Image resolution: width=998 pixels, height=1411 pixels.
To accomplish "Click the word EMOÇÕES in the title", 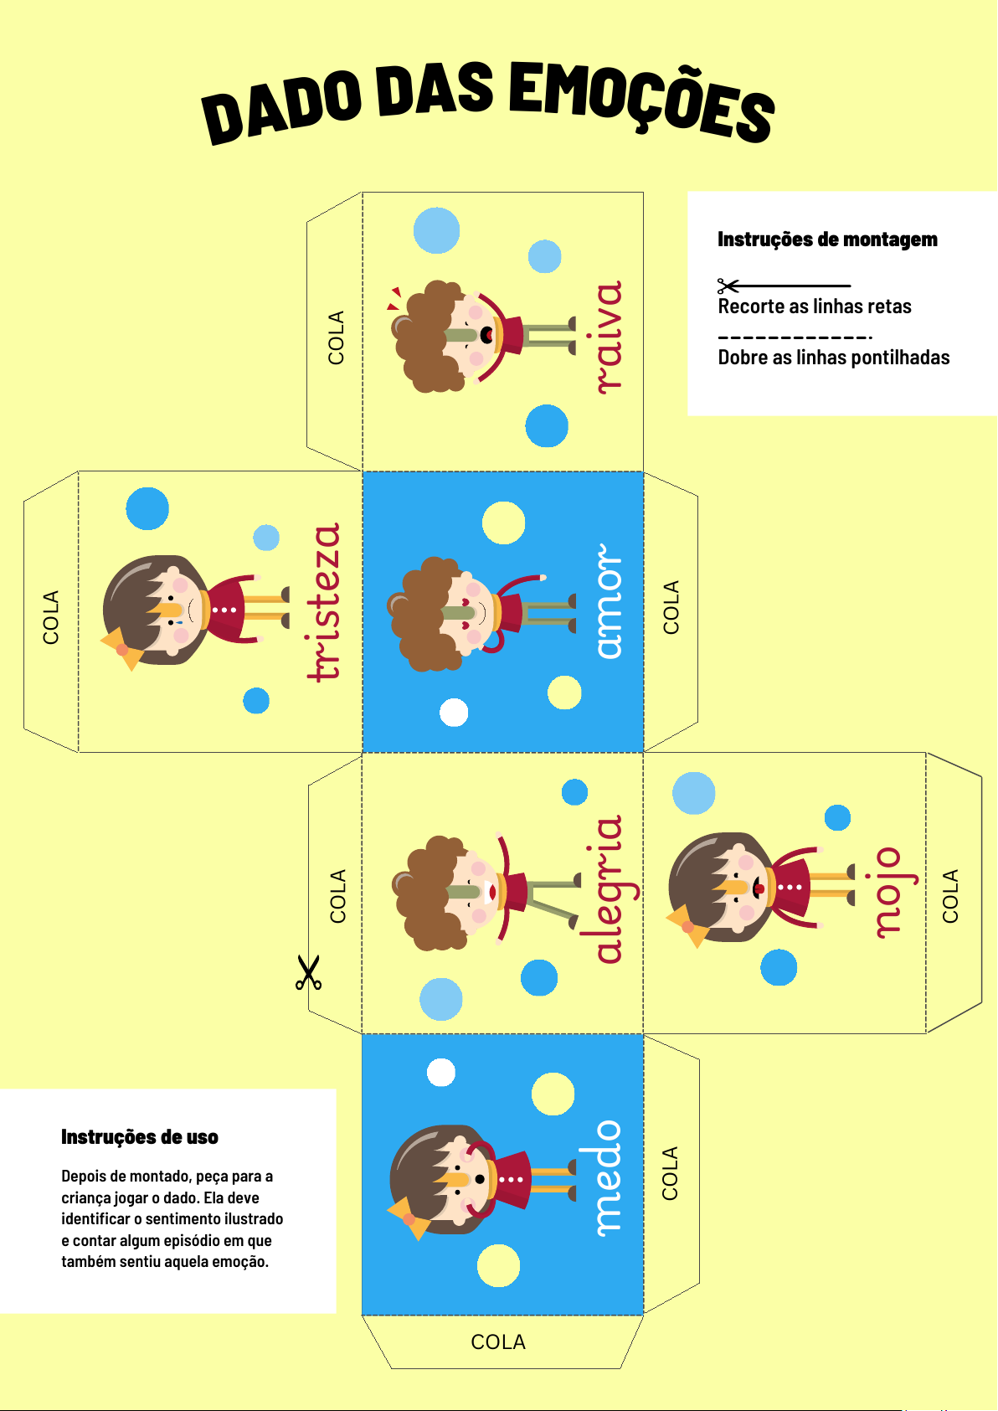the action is pyautogui.click(x=641, y=103).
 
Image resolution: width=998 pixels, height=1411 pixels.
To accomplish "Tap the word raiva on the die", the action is pyautogui.click(x=609, y=337).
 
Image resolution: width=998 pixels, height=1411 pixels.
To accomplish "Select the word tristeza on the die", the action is pyautogui.click(x=324, y=602).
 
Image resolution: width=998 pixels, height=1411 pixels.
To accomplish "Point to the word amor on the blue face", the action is pyautogui.click(x=609, y=601).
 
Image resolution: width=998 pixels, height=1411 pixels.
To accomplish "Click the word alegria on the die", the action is pyautogui.click(x=609, y=889).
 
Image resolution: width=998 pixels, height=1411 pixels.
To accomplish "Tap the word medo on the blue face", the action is pyautogui.click(x=609, y=1178).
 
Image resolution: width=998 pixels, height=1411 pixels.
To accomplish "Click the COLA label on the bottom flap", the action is pyautogui.click(x=498, y=1342).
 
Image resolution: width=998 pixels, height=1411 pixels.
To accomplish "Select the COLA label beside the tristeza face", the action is pyautogui.click(x=50, y=617).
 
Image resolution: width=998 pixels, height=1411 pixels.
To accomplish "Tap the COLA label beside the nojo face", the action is pyautogui.click(x=950, y=896).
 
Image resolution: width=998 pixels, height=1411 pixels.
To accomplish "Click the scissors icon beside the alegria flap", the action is pyautogui.click(x=309, y=972).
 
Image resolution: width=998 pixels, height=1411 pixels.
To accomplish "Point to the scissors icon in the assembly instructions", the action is pyautogui.click(x=728, y=286).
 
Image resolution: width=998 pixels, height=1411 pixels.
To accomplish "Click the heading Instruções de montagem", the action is pyautogui.click(x=827, y=239).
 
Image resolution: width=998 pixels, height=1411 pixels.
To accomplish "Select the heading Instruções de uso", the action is pyautogui.click(x=140, y=1137).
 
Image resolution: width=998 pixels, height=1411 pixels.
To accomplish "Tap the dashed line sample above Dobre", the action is pyautogui.click(x=795, y=337).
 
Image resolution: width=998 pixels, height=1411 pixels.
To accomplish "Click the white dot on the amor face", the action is pyautogui.click(x=454, y=713).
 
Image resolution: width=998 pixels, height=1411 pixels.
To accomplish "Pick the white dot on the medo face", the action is pyautogui.click(x=440, y=1073).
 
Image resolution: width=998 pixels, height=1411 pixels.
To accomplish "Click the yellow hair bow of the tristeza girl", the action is pyautogui.click(x=123, y=649).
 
